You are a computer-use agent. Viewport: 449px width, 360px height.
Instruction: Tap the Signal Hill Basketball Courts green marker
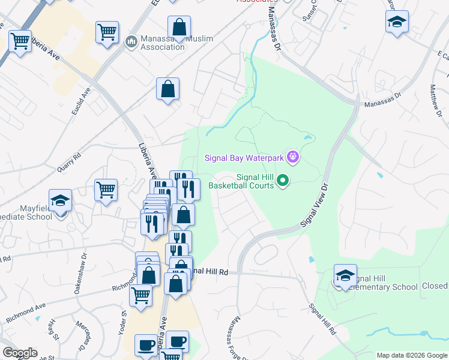285,180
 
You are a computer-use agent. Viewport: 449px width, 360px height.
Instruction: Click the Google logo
20,353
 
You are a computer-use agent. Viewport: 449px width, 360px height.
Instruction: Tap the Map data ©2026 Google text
411,355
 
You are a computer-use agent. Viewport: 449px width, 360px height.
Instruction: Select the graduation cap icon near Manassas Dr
397,22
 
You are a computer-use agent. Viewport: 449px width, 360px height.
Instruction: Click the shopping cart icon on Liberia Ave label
20,41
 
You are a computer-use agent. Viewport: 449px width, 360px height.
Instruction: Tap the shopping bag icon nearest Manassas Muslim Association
179,26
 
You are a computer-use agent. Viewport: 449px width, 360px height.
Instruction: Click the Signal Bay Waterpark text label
245,158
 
